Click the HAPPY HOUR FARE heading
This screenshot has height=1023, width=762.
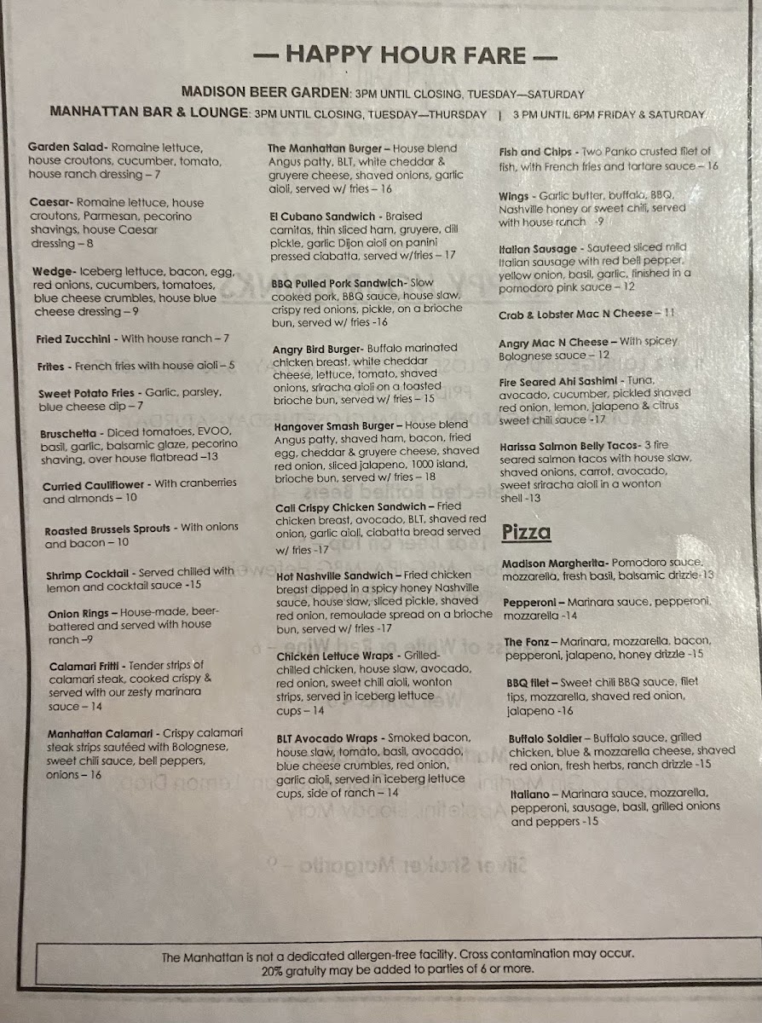406,55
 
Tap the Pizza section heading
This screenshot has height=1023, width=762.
525,533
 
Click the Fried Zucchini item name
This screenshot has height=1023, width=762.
77,339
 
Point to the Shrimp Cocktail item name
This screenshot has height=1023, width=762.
88,575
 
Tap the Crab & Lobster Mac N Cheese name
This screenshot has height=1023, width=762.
575,315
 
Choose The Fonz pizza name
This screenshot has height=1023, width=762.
525,642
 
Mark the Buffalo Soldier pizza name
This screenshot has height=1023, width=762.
546,738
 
